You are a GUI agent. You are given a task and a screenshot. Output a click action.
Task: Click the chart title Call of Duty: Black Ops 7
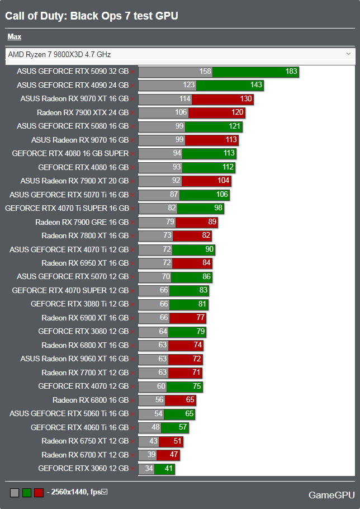pos(92,16)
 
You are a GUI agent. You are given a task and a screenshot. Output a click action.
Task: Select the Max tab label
pos(14,37)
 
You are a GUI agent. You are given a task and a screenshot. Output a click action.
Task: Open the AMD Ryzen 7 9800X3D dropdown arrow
pos(348,54)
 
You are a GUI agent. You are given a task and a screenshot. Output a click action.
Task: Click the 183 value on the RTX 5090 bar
pos(291,72)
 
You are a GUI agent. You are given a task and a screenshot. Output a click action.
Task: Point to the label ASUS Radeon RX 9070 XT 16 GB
pos(74,99)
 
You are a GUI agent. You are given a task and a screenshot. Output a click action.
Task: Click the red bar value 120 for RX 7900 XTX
pos(237,112)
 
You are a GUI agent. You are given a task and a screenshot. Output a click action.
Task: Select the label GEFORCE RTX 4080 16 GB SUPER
pos(70,153)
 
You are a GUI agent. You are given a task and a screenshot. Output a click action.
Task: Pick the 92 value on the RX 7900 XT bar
pos(176,181)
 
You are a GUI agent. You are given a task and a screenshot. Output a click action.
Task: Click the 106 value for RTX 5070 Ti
pos(222,195)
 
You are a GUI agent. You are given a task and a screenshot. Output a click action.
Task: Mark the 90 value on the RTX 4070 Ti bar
pos(209,249)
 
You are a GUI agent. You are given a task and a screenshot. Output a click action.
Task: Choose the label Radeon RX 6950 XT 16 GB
pos(85,263)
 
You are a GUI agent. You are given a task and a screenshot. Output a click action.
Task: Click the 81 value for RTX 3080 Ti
pos(202,304)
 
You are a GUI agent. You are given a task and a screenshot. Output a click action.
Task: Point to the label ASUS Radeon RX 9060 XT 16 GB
pos(74,359)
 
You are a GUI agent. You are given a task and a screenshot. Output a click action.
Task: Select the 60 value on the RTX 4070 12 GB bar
pos(161,386)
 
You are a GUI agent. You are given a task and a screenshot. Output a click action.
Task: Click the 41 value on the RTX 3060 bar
pos(168,468)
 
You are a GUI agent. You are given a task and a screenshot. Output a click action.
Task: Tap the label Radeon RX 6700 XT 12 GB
pos(85,455)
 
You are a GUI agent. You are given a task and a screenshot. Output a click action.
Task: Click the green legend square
pos(27,493)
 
